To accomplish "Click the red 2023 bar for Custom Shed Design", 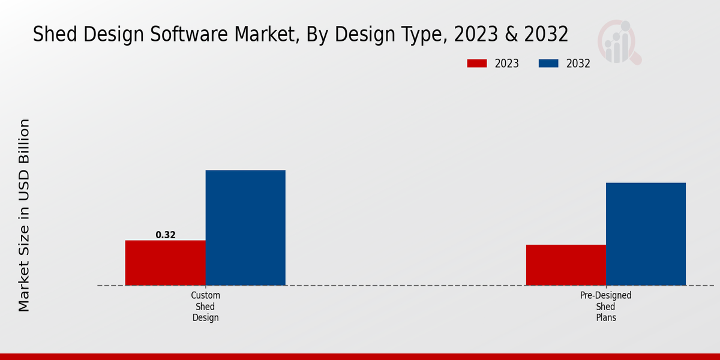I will pos(165,263).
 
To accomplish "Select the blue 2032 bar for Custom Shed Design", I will pos(245,228).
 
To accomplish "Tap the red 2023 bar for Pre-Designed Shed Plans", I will pos(566,265).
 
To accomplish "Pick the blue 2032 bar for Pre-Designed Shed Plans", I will pos(646,234).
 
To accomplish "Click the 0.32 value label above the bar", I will pos(166,235).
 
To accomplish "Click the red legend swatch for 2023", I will pos(478,64).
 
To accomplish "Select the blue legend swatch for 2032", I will pos(549,64).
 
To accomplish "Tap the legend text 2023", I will pos(507,64).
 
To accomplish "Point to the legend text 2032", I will pos(578,64).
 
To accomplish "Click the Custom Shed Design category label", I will pos(206,307).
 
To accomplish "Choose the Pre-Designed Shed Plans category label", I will pos(606,307).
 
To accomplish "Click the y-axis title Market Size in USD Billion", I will pos(24,215).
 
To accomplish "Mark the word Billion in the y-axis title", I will pos(24,143).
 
